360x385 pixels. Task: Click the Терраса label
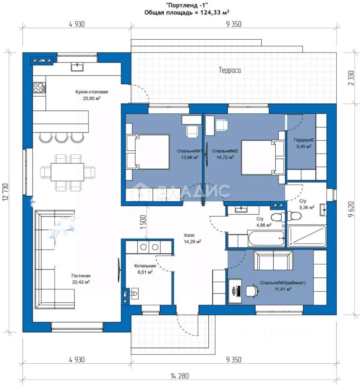click(230, 70)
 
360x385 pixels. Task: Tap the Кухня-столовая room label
click(92, 92)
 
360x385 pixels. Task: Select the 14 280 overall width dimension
click(180, 376)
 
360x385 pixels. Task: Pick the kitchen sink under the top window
click(77, 67)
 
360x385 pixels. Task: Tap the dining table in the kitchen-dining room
click(67, 172)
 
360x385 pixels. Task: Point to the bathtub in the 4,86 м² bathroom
click(266, 238)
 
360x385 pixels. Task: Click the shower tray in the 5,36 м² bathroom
click(307, 236)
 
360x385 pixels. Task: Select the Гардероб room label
click(304, 140)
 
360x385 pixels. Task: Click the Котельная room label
click(145, 266)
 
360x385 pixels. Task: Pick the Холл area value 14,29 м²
click(192, 241)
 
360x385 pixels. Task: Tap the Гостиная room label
click(81, 276)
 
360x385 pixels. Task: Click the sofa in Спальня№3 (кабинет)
click(273, 260)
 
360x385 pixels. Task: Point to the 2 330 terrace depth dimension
click(352, 78)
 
